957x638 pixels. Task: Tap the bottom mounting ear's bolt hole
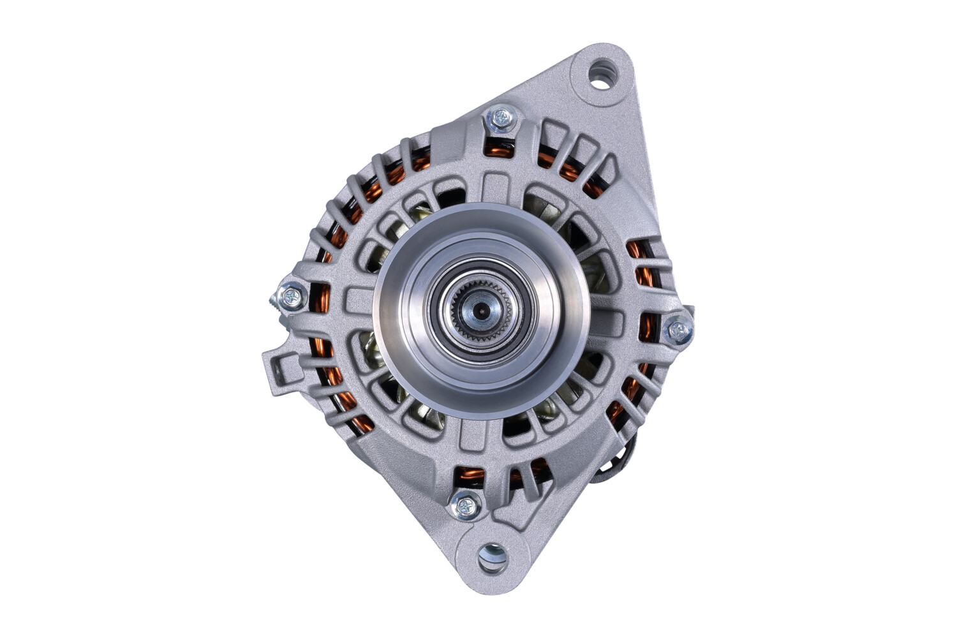493,556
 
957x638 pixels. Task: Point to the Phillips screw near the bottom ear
464,506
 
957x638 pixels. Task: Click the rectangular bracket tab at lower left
281,373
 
